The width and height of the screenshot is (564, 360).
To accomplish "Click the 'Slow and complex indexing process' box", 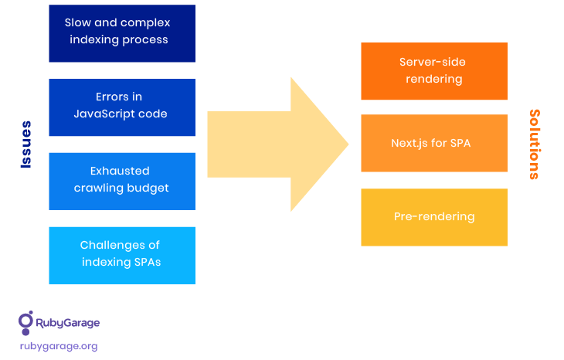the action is pos(122,33).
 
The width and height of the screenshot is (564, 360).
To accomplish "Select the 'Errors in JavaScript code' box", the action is pos(122,107).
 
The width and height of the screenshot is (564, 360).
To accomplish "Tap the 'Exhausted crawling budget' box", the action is pos(122,182).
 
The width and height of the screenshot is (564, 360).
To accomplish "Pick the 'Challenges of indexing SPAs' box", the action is pos(122,256).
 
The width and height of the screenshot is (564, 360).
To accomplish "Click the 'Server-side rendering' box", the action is pos(434,71).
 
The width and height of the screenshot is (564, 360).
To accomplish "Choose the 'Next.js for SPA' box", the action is pos(434,143).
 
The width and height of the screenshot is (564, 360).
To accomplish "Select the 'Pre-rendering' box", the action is pos(434,217).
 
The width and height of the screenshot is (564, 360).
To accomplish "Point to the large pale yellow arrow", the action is pos(277,144).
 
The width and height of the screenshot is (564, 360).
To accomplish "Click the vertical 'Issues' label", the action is pos(26,144).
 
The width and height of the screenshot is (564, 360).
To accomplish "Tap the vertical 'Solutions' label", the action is pos(535,144).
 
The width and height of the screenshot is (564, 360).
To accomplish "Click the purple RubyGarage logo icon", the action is pos(26,323).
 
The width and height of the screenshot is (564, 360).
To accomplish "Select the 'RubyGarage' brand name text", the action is pos(68,323).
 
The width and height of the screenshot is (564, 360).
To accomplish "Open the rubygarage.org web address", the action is pos(59,346).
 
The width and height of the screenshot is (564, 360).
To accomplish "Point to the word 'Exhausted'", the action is pos(120,171).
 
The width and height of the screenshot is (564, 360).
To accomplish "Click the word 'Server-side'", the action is pos(433,63).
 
